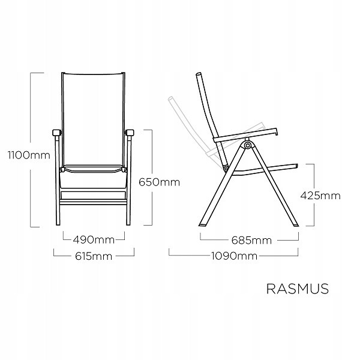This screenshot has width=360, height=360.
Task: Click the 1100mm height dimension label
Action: click(x=29, y=155)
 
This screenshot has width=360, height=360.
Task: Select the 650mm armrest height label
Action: click(x=159, y=182)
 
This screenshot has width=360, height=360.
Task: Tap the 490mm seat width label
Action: click(x=94, y=240)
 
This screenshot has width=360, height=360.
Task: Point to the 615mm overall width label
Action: click(x=94, y=256)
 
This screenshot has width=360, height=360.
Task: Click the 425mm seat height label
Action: click(x=320, y=196)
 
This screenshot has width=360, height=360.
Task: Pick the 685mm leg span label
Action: click(x=251, y=241)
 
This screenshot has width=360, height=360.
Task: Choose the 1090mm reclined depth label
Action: click(x=234, y=256)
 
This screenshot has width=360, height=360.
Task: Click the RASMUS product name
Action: click(x=298, y=289)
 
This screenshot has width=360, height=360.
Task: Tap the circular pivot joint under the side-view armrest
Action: click(x=247, y=145)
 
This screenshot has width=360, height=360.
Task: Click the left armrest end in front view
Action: click(x=57, y=133)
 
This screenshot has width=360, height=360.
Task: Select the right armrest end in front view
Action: click(x=130, y=133)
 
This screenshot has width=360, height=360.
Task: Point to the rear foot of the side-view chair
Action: click(x=203, y=225)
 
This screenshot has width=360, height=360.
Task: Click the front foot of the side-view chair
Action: click(x=295, y=225)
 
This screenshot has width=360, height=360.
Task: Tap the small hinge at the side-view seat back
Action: click(x=226, y=169)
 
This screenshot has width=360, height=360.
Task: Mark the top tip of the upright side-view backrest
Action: click(x=199, y=74)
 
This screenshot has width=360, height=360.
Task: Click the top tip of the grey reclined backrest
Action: click(x=170, y=98)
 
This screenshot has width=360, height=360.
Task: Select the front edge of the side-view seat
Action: click(x=296, y=166)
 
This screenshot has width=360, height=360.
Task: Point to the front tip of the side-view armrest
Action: click(x=277, y=131)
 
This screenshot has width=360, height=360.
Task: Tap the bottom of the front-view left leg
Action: click(x=58, y=224)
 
